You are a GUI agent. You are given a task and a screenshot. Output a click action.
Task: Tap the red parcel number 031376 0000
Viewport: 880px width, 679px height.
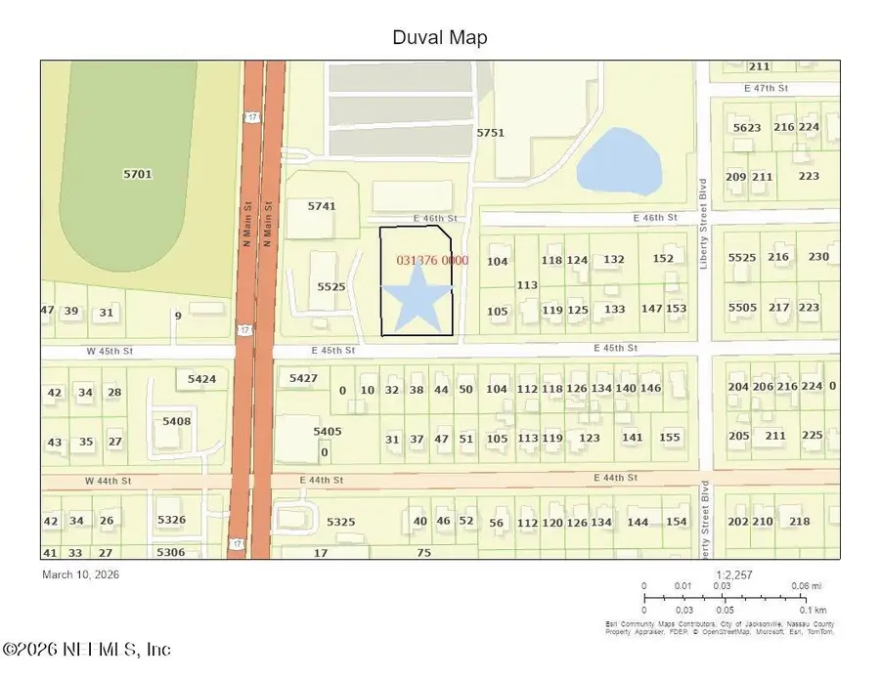pos(433,261)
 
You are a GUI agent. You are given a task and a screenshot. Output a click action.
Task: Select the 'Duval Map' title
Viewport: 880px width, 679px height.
pos(439,38)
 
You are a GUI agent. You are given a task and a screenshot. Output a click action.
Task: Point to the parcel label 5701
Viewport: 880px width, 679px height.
pos(138,174)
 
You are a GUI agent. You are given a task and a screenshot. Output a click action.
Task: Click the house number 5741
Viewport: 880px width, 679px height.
pos(322,206)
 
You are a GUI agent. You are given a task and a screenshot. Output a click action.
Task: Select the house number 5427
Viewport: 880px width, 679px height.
pos(304,378)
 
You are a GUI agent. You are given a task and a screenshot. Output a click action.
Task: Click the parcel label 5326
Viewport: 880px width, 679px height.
pos(171,520)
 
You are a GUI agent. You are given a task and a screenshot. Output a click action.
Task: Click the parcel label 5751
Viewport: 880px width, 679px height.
pos(490,133)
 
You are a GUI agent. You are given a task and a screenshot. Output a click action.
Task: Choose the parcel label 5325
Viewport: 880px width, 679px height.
pos(341,522)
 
